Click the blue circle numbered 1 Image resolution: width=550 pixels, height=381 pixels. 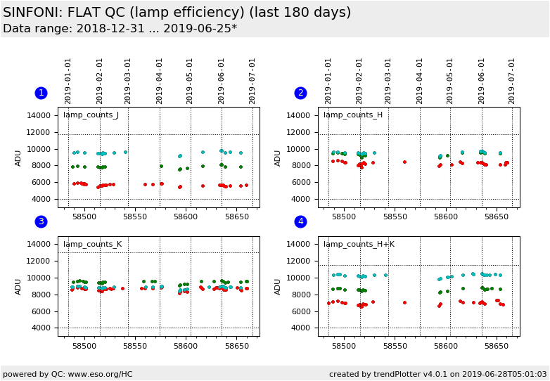pos(41,93)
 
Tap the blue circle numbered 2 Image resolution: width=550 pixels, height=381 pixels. pos(300,93)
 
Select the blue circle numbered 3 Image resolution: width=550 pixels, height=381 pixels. pos(41,221)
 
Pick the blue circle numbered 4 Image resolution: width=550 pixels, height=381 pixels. pos(300,221)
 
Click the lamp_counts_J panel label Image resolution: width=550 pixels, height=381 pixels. pos(91,115)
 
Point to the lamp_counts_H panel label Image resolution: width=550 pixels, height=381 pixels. pos(353,115)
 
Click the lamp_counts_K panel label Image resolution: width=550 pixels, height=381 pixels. pos(92,245)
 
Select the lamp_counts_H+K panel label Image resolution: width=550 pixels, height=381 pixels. pos(359,245)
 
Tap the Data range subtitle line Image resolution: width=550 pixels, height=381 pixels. pos(120,29)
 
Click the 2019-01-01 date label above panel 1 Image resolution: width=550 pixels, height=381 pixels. pos(69,80)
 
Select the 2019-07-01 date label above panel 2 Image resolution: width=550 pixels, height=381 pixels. pos(512,80)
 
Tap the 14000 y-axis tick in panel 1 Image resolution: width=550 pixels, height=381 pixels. pos(40,115)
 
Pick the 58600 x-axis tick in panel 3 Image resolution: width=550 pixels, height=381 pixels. pos(186,347)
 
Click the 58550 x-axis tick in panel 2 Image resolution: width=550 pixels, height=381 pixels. pos(395,217)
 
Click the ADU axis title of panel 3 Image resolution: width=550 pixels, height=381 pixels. pos(19,286)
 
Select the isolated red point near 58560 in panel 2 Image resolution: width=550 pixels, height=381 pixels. pos(404,162)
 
